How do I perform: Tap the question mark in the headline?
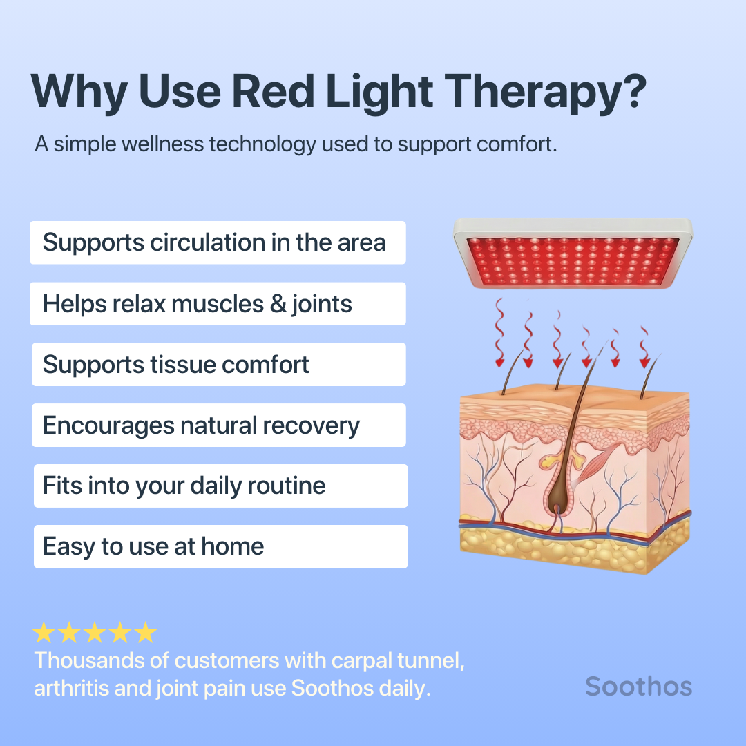[x=633, y=92]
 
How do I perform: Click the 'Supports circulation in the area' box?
[x=218, y=242]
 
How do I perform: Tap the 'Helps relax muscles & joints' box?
[x=218, y=304]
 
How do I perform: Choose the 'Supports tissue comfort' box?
[x=218, y=365]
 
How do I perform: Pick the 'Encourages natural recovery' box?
[x=218, y=425]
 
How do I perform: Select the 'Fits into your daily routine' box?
[x=220, y=486]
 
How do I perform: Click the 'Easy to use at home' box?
[x=220, y=546]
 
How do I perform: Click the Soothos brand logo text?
[x=638, y=686]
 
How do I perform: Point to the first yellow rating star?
[x=44, y=633]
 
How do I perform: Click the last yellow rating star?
[x=145, y=633]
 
